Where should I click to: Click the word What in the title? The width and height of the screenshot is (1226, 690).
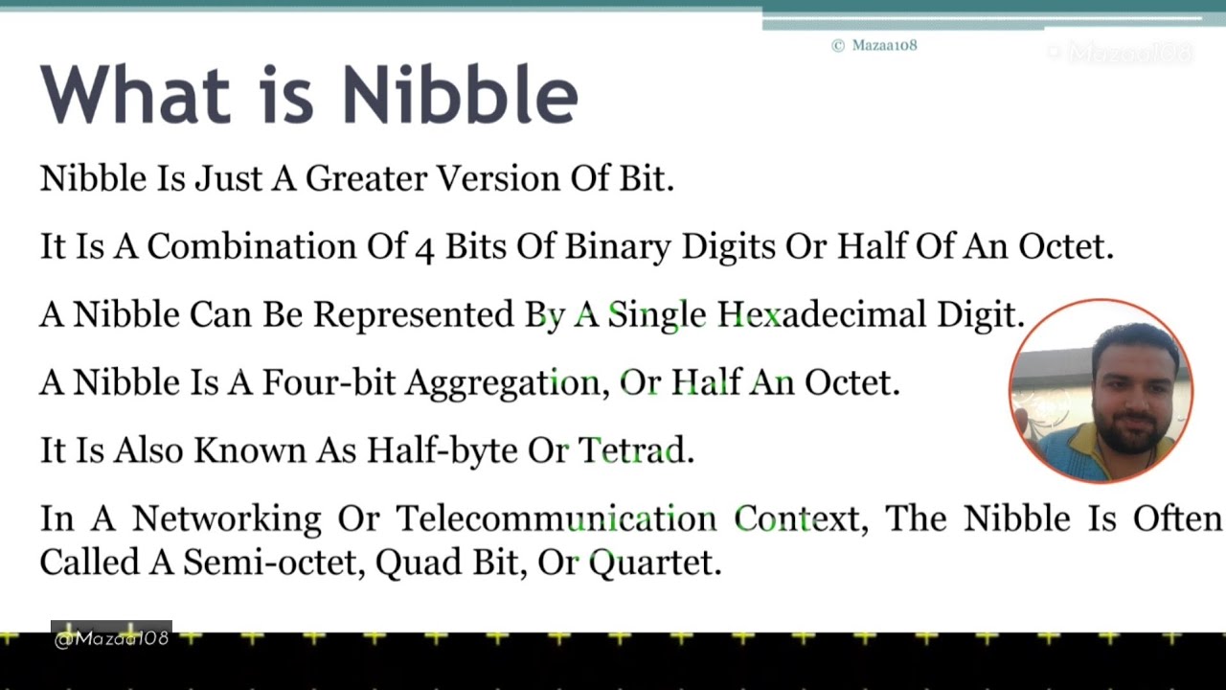[x=135, y=95]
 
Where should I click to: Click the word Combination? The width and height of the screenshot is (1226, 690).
[x=251, y=247]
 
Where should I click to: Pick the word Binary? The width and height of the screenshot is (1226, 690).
[x=618, y=247]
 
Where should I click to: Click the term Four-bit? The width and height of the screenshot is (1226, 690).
[x=329, y=383]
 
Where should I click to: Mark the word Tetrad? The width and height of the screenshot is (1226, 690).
[x=635, y=451]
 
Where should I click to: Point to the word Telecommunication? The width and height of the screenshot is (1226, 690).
[x=556, y=519]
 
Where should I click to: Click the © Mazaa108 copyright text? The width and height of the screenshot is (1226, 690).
[x=874, y=45]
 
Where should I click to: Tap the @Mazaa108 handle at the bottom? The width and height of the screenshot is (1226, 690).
[x=111, y=638]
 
